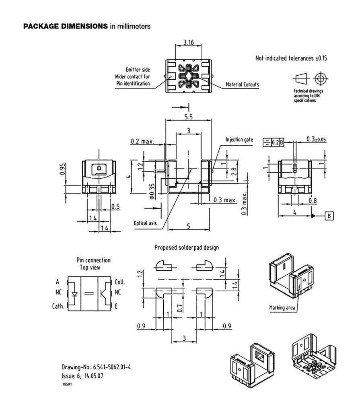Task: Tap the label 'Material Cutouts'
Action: point(243,85)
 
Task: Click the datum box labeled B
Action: point(329,216)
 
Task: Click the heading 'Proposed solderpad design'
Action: point(187,247)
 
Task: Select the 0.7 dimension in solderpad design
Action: point(180,309)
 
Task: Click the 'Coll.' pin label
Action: point(120,282)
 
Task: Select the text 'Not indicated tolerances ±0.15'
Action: point(291,58)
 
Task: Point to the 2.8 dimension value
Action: point(233,172)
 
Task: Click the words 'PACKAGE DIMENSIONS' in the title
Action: point(65,26)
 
